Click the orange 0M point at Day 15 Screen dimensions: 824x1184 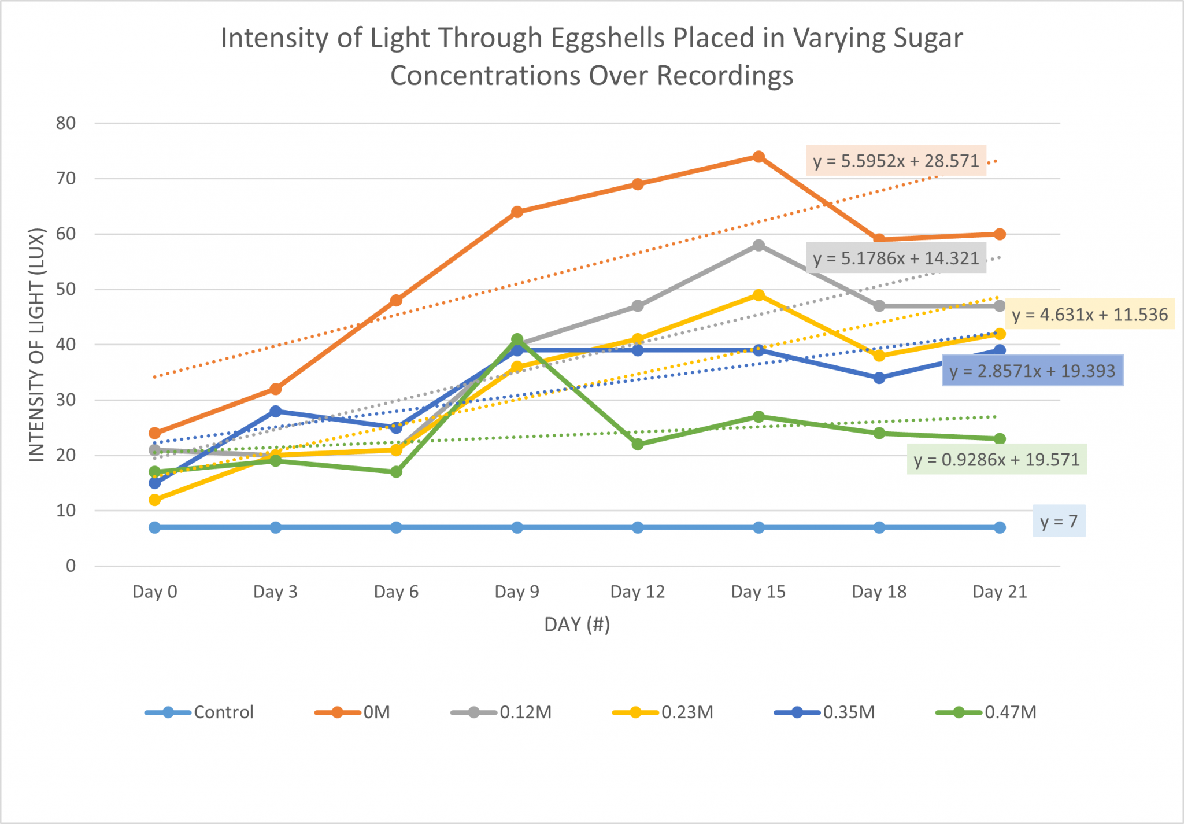[758, 157]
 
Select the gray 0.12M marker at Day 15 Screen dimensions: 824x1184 [758, 245]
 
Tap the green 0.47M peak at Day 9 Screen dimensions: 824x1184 [517, 339]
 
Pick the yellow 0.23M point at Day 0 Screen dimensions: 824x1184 [154, 500]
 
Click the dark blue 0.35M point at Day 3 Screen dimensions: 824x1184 [275, 411]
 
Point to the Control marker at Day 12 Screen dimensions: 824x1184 [638, 527]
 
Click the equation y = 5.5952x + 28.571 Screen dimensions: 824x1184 [896, 161]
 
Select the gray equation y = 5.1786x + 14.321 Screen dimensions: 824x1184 [896, 258]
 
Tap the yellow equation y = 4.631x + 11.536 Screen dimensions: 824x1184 [1090, 315]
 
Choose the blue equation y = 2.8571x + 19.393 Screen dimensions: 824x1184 [1032, 371]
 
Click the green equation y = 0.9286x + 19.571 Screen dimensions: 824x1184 [997, 460]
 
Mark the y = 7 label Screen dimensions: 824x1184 [1059, 522]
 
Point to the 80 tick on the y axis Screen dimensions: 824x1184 [66, 123]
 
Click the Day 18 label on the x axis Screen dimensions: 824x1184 [879, 592]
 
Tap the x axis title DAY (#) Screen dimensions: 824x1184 [577, 625]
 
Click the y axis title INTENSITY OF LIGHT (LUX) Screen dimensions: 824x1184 [37, 345]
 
